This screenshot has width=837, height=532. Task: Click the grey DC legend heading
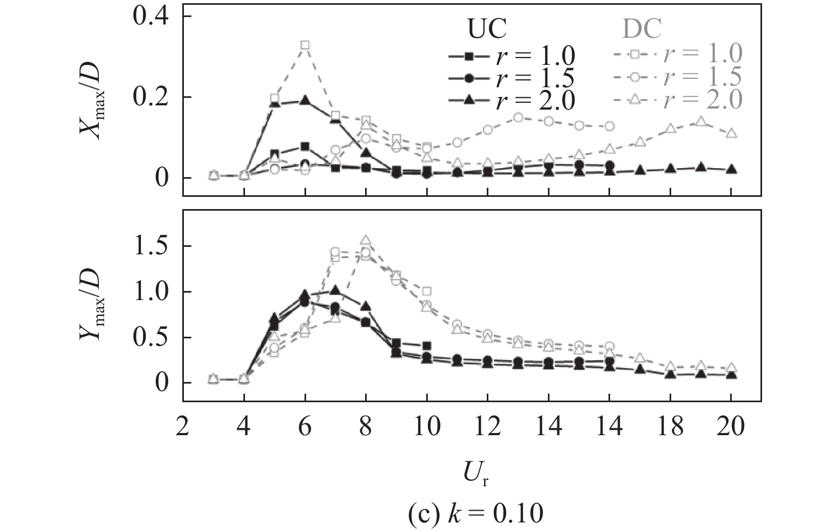[642, 29]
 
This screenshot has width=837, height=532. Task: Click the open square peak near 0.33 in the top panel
[305, 45]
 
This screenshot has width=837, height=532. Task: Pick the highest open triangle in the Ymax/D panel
[366, 240]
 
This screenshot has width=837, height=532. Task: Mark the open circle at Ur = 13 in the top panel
[519, 118]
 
